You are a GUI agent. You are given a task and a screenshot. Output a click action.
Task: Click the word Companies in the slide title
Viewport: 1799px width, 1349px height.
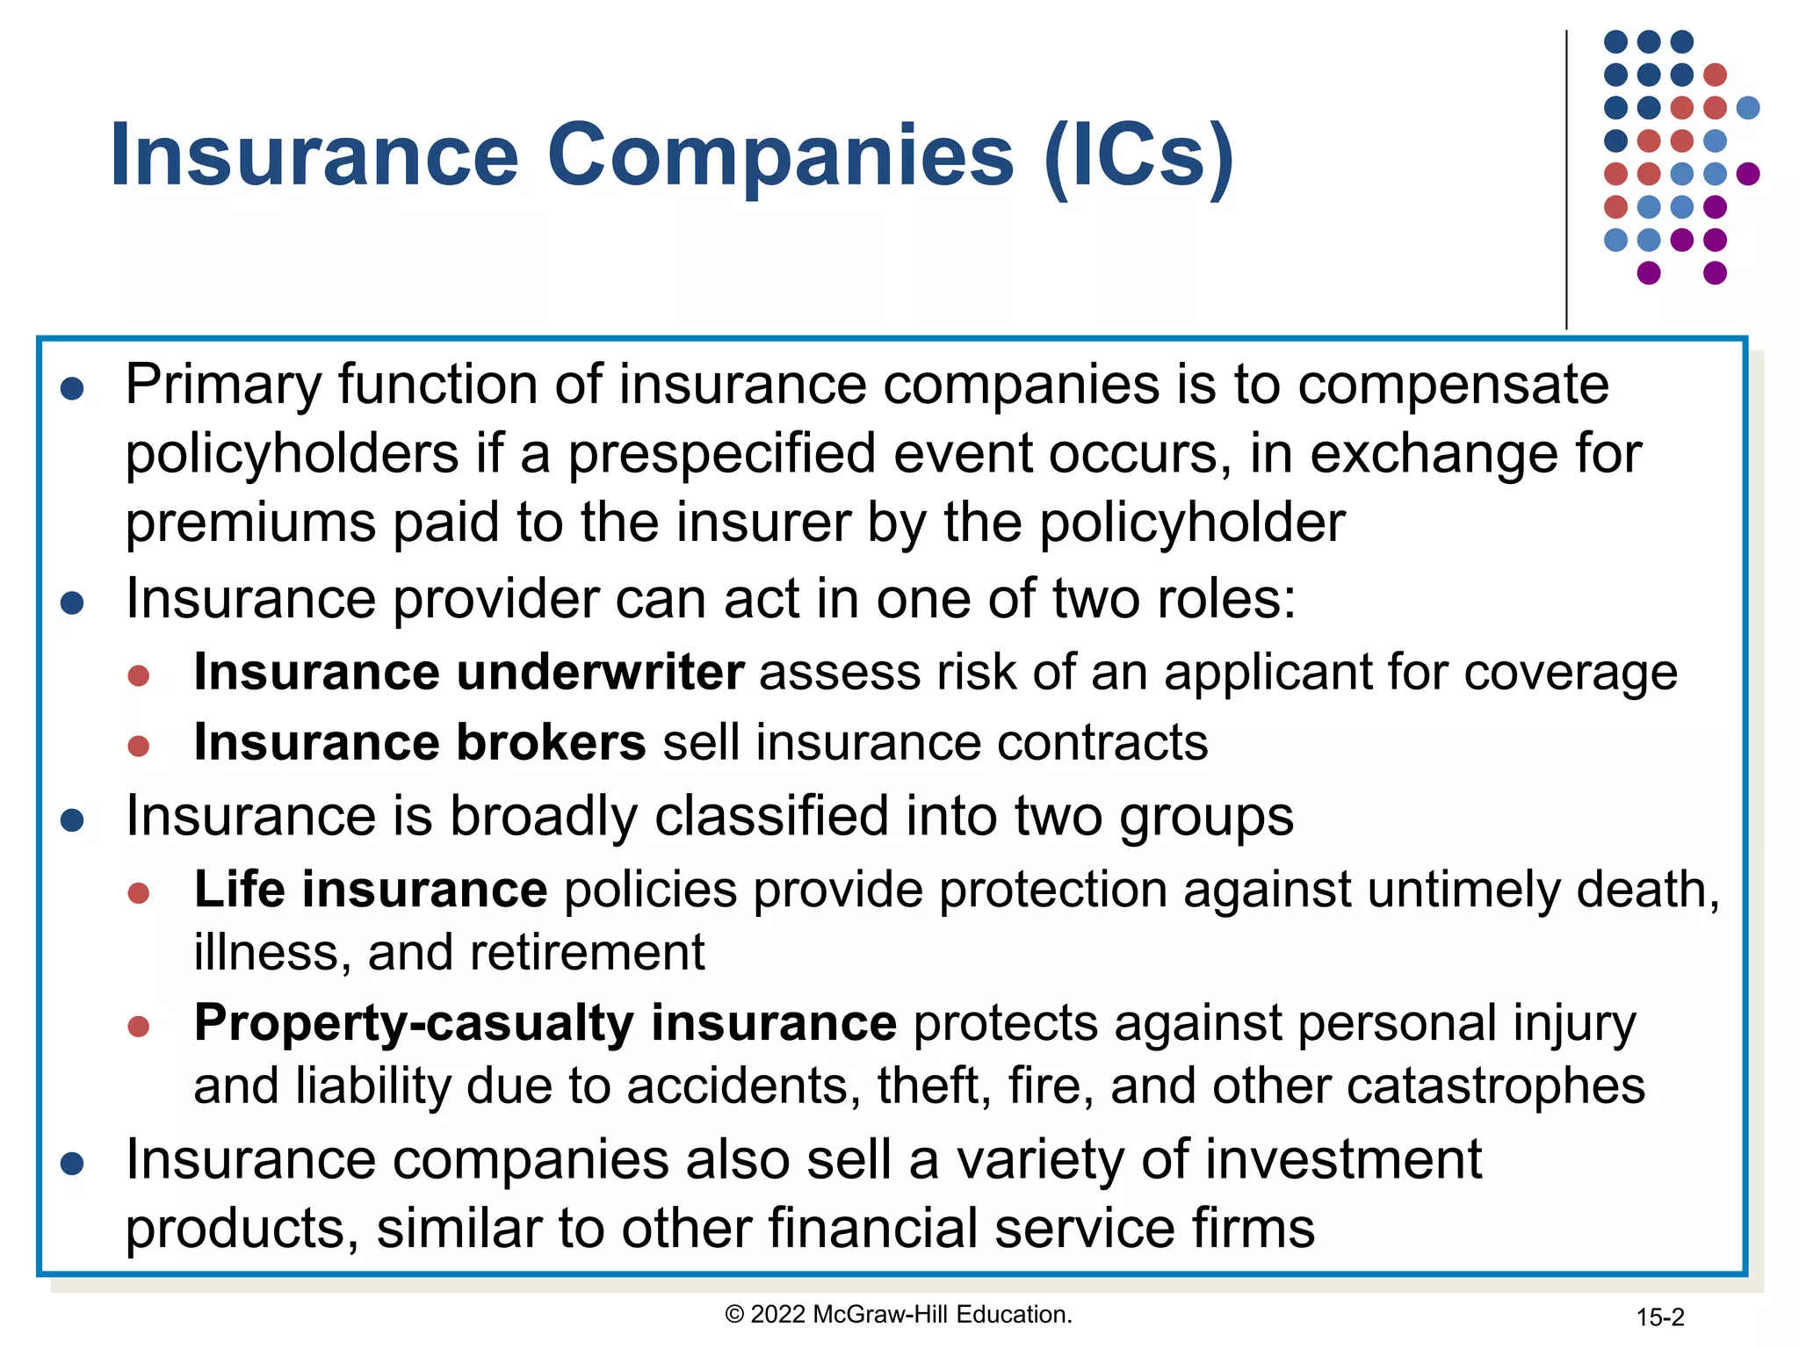coord(780,156)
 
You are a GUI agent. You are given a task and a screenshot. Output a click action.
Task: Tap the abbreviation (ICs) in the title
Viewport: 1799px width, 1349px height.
coord(1139,156)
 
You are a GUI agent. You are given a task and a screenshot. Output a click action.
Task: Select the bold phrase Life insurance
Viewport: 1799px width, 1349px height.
coord(371,890)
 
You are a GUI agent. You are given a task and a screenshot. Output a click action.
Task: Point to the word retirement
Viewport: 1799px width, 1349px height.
coord(536,953)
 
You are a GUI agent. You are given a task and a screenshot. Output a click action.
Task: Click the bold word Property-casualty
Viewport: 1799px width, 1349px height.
coord(414,1023)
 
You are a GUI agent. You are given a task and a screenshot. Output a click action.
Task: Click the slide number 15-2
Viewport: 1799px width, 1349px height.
coord(1659,1317)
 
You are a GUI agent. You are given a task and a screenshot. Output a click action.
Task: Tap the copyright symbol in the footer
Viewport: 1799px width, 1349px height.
coord(734,1315)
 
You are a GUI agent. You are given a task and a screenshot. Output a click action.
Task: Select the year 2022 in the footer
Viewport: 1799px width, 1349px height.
coord(778,1315)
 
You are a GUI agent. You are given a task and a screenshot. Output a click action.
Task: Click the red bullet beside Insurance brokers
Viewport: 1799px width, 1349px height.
coord(139,747)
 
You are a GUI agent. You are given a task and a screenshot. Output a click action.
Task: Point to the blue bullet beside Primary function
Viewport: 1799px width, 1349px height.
coord(72,389)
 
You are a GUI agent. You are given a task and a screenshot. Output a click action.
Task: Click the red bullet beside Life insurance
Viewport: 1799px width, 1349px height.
coord(139,893)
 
